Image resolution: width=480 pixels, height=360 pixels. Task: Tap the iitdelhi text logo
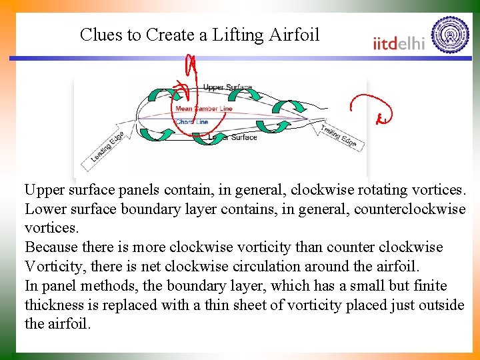click(x=399, y=43)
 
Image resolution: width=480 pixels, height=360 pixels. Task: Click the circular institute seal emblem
click(x=450, y=35)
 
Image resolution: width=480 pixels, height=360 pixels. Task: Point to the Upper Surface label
click(x=227, y=87)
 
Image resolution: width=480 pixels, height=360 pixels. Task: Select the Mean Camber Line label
click(x=203, y=109)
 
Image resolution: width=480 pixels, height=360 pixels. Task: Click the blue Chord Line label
click(x=192, y=122)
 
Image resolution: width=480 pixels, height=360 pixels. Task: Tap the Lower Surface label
click(x=233, y=137)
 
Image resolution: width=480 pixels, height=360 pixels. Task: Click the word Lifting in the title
click(x=234, y=35)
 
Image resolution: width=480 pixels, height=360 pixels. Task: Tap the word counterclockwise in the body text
click(x=411, y=209)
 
